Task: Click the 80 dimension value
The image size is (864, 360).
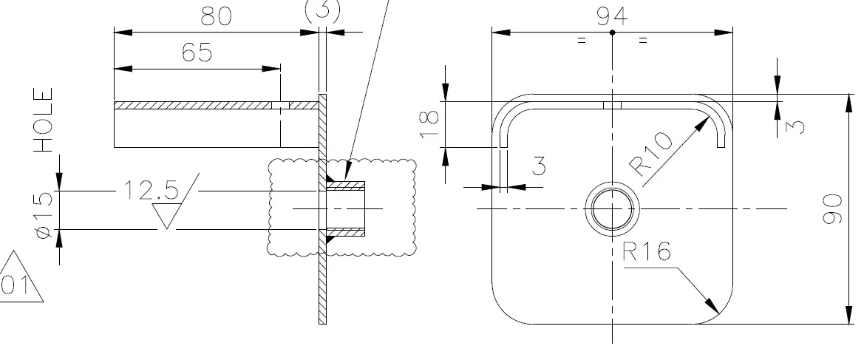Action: coord(217,17)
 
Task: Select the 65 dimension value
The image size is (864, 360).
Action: coord(197,53)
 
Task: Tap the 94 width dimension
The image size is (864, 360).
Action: coord(612,16)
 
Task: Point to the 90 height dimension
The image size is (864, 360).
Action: coord(833,209)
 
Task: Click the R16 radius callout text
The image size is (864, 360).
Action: coord(647,252)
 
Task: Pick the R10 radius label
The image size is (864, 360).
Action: coord(650,154)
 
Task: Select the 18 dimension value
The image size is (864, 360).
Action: coord(430,125)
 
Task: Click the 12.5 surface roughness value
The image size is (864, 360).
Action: coord(151,190)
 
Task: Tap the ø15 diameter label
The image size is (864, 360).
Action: coord(44,214)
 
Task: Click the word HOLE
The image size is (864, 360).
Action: coord(44,120)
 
